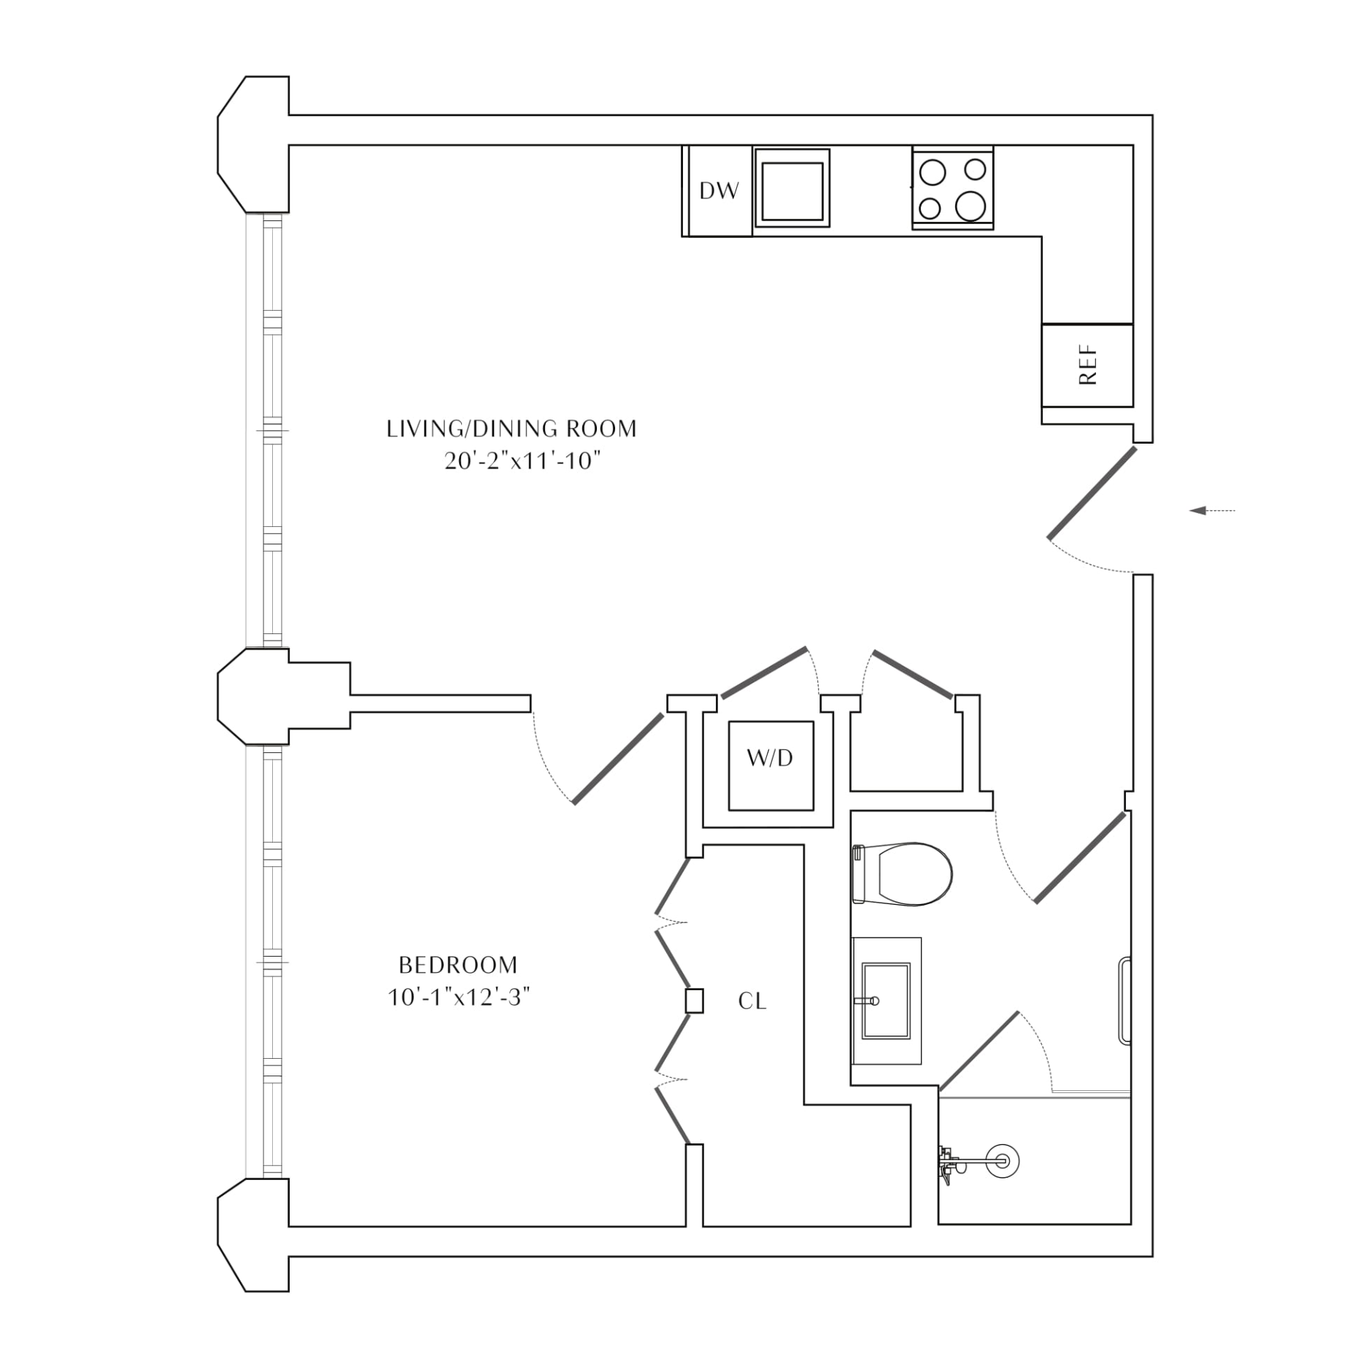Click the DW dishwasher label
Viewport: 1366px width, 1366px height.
[x=719, y=191]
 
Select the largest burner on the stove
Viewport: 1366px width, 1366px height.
[x=971, y=206]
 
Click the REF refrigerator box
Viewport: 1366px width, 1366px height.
[x=1087, y=365]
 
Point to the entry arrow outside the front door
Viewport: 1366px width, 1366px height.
[x=1212, y=511]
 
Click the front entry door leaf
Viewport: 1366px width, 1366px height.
[x=1092, y=493]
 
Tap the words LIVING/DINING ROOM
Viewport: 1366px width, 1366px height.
[x=512, y=428]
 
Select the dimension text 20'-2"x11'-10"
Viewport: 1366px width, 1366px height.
[x=522, y=461]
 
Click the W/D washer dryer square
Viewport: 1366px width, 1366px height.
[x=771, y=765]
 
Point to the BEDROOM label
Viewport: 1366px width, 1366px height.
[x=458, y=965]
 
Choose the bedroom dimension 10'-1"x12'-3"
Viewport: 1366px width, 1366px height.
[x=458, y=998]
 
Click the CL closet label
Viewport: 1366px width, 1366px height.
[x=752, y=1001]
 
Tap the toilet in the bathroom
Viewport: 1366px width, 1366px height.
[x=903, y=874]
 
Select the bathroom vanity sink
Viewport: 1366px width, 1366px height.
[x=886, y=1001]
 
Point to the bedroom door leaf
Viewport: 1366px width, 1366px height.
[x=618, y=758]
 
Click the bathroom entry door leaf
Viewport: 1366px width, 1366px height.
[x=1080, y=857]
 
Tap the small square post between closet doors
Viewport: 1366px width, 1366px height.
[x=694, y=1000]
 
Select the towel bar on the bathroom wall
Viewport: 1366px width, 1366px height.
[x=1124, y=1000]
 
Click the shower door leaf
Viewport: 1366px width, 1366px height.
[x=979, y=1051]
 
